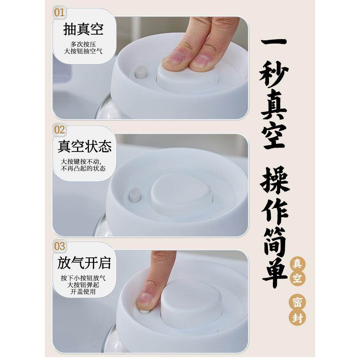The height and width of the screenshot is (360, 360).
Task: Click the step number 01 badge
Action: [x=59, y=13]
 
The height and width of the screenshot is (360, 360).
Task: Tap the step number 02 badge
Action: [x=59, y=130]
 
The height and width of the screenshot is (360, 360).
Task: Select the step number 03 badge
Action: [x=59, y=247]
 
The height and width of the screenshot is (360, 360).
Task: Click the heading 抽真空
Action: [x=83, y=29]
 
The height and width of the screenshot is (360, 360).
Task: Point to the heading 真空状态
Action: [x=85, y=147]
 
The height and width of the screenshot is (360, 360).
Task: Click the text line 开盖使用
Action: [x=83, y=292]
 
